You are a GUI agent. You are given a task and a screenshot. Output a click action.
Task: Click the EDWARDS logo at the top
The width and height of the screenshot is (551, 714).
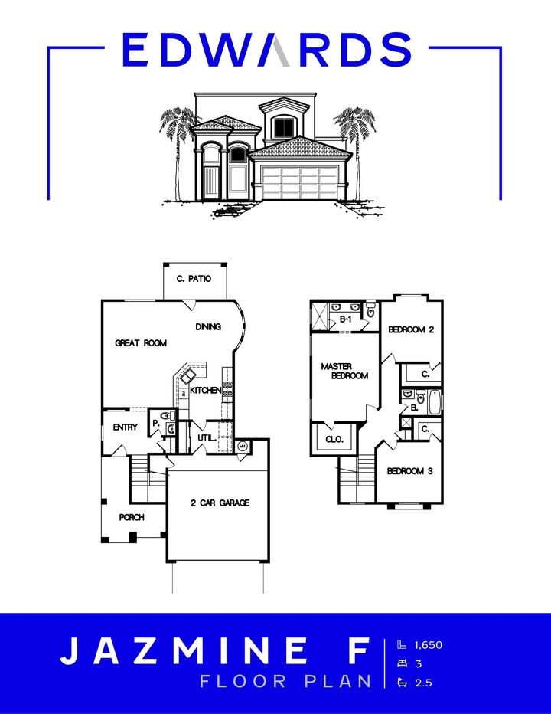(266, 50)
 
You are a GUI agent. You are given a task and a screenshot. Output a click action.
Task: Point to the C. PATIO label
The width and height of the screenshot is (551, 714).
(194, 280)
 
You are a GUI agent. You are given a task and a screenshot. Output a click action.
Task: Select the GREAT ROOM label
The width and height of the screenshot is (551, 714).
(141, 343)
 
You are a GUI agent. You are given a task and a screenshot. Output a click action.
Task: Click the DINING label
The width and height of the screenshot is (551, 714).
(208, 326)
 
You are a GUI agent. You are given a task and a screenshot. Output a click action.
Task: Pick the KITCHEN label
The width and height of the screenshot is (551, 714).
(206, 391)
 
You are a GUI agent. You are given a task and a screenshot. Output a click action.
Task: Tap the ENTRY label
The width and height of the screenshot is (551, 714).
(125, 427)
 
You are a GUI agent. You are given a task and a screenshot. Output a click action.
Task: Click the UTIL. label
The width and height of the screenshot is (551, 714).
(205, 438)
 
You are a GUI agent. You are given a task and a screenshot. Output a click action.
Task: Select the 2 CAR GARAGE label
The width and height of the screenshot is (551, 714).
(220, 503)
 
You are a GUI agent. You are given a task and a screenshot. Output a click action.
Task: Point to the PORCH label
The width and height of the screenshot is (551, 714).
(132, 518)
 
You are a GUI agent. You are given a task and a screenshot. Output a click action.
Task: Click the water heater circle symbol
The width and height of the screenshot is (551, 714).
(242, 446)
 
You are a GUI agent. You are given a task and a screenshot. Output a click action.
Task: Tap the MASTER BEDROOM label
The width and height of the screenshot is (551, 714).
(344, 372)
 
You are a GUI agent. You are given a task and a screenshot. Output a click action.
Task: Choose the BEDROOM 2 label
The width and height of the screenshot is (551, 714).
(411, 330)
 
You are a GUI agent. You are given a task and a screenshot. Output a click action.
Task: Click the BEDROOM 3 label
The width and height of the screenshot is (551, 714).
(409, 471)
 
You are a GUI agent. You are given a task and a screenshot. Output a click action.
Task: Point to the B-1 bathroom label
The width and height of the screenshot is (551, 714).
(345, 319)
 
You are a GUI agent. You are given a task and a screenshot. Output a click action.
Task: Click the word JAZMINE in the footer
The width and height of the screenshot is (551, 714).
(184, 651)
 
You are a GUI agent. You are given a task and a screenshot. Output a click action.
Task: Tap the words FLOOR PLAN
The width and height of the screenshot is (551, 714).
(285, 681)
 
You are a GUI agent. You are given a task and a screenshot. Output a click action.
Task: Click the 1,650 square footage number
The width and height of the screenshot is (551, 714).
(429, 645)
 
